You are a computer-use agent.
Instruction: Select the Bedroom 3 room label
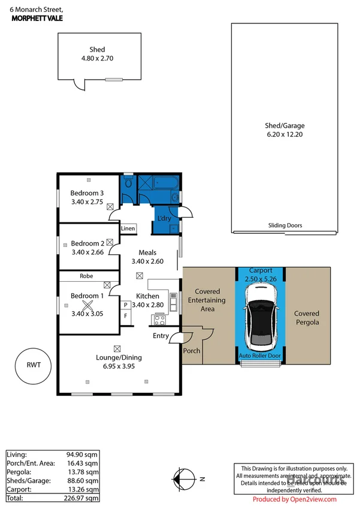point(87,192)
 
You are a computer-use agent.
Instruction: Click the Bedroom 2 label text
point(87,243)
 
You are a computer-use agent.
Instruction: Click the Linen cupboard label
point(128,228)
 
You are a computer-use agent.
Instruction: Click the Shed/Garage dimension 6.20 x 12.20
point(285,135)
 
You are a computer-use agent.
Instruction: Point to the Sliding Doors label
point(285,226)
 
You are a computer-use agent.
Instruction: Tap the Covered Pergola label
point(307,318)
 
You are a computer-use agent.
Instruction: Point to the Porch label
point(192,351)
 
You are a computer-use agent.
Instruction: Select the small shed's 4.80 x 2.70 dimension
point(97,59)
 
